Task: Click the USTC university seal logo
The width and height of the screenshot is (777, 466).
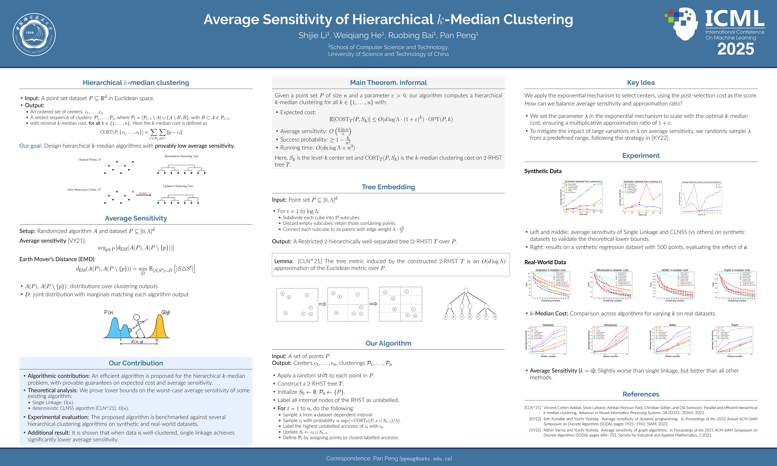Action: pyautogui.click(x=34, y=34)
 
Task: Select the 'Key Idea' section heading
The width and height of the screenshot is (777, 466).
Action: pyautogui.click(x=641, y=83)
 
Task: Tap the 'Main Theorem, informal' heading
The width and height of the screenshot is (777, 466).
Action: pyautogui.click(x=388, y=83)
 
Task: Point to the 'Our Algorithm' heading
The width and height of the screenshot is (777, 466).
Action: pyautogui.click(x=388, y=343)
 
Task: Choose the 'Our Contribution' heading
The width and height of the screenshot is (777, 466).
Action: pyautogui.click(x=136, y=363)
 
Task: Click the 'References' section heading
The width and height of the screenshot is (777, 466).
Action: pyautogui.click(x=641, y=394)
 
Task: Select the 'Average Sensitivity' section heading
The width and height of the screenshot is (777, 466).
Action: pyautogui.click(x=136, y=218)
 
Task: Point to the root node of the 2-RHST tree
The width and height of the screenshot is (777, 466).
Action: pyautogui.click(x=466, y=290)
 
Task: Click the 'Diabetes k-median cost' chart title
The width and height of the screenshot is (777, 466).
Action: pyautogui.click(x=550, y=270)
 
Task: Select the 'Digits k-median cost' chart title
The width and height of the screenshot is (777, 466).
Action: pyautogui.click(x=737, y=270)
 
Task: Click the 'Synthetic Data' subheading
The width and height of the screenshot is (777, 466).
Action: pyautogui.click(x=543, y=171)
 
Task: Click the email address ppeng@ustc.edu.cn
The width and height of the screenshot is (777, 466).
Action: pyautogui.click(x=426, y=459)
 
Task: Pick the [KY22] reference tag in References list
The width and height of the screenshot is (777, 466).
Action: pyautogui.click(x=535, y=419)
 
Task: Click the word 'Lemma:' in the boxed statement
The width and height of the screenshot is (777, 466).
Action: pyautogui.click(x=284, y=261)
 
